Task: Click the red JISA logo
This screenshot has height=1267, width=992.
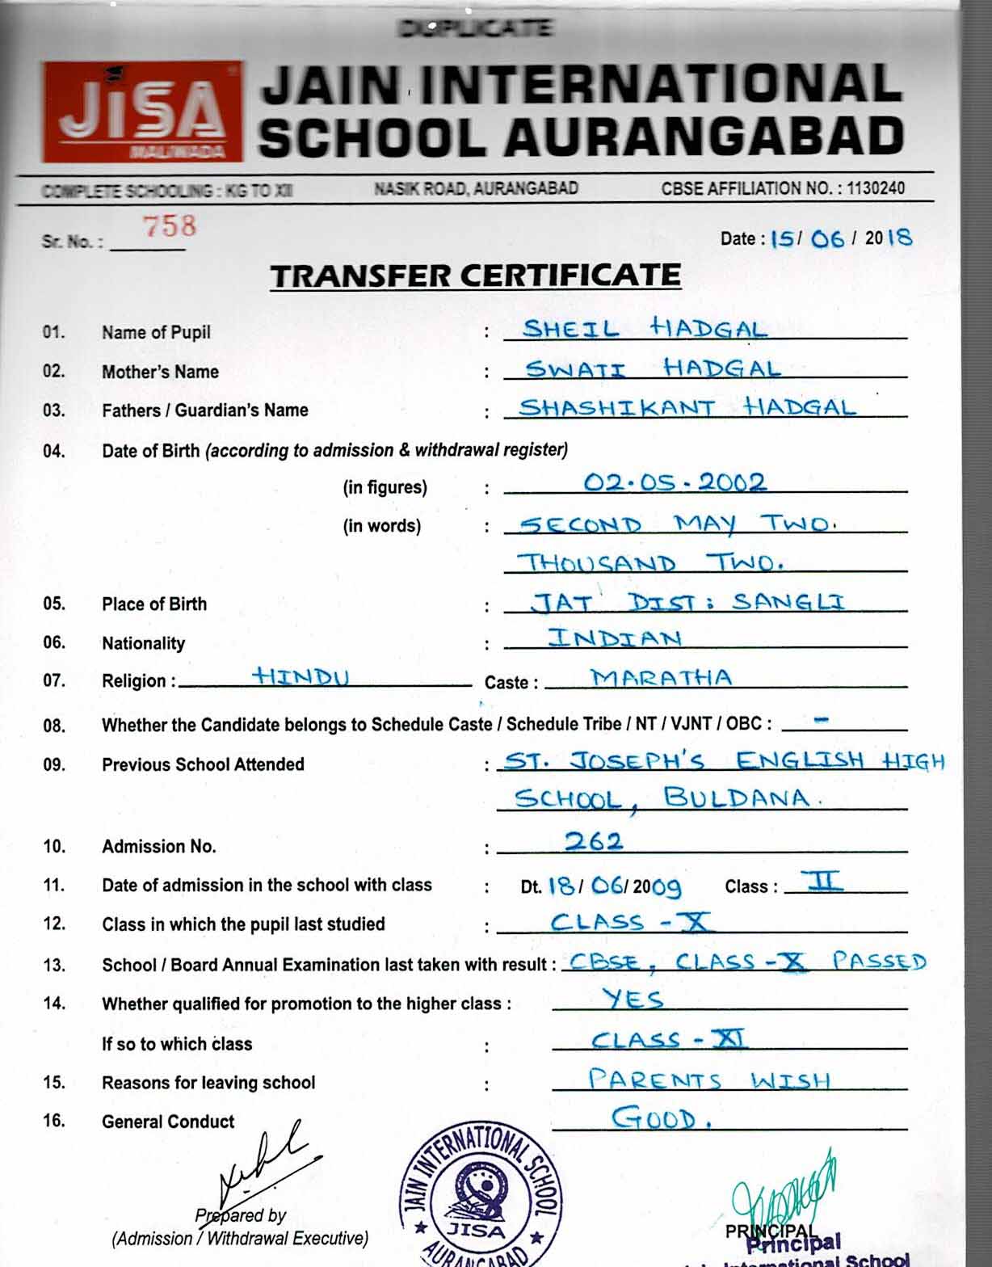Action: coord(142,112)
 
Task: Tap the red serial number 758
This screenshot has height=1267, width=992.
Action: coord(170,226)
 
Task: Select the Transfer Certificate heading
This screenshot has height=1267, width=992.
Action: coord(475,276)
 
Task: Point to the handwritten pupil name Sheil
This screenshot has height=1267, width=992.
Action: coord(571,329)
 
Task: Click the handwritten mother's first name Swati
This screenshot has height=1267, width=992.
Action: coord(575,369)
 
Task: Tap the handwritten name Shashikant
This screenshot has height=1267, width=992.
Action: coord(617,407)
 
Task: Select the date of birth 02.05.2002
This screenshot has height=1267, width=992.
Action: coord(675,482)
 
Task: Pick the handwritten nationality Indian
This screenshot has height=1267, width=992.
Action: coord(615,638)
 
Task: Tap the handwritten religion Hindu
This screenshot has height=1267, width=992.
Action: coord(300,676)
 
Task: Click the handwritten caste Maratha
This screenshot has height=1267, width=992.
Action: coord(661,677)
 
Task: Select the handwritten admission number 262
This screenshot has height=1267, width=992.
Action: coord(594,841)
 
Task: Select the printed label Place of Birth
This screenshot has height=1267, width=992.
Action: coord(154,604)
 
